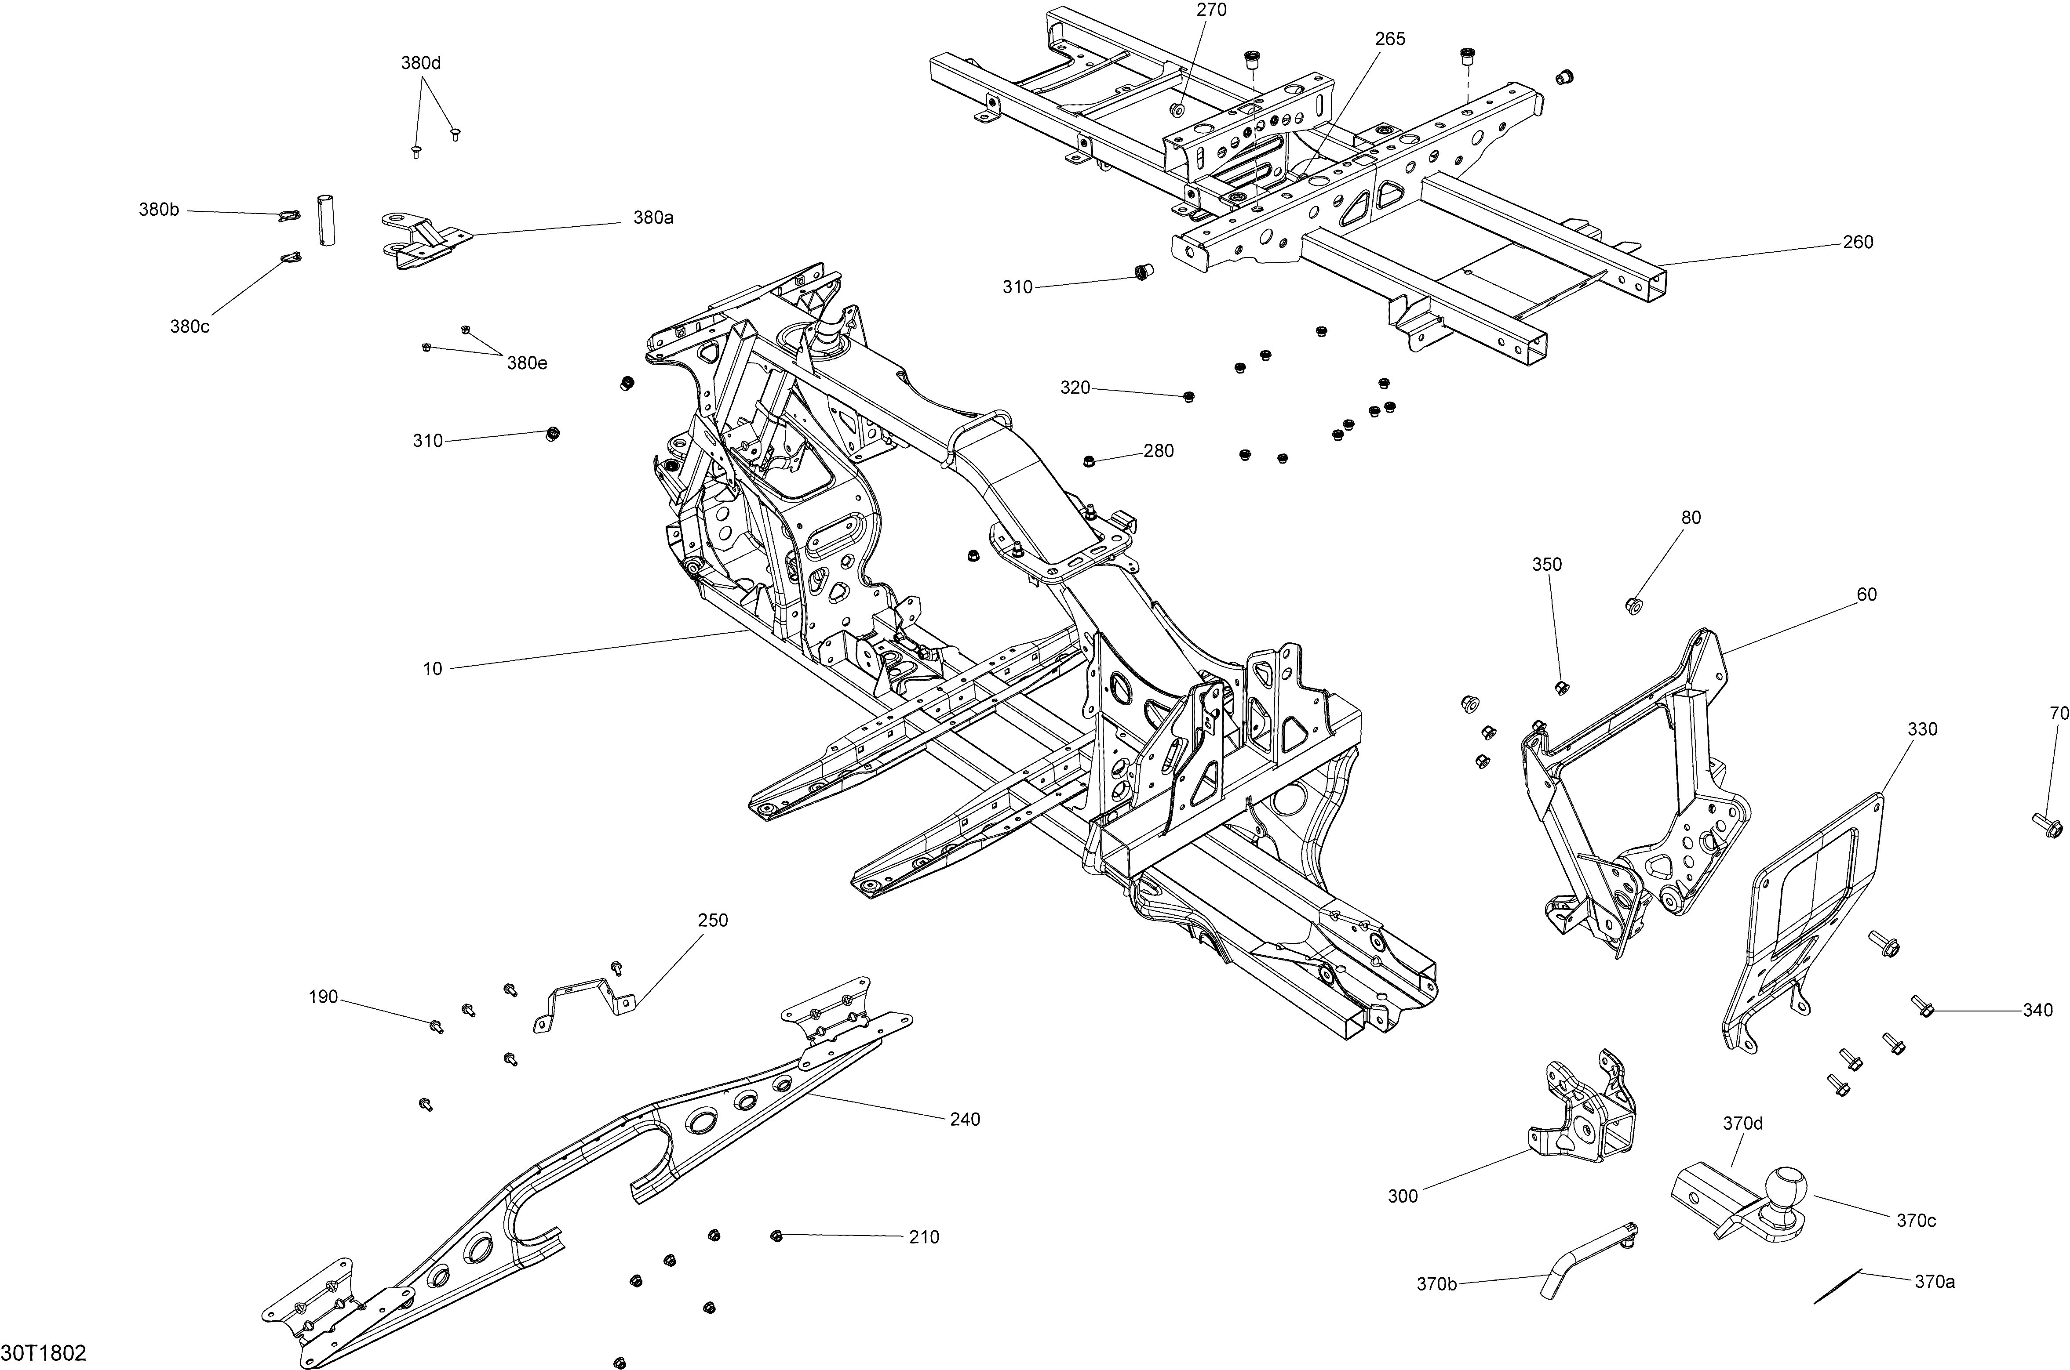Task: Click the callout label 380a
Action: [653, 217]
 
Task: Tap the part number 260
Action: [1858, 242]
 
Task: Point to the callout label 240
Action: [965, 1119]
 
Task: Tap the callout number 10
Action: [433, 669]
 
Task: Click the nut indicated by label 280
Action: [1088, 460]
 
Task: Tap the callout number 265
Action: [1390, 39]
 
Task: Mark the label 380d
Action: [421, 63]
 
